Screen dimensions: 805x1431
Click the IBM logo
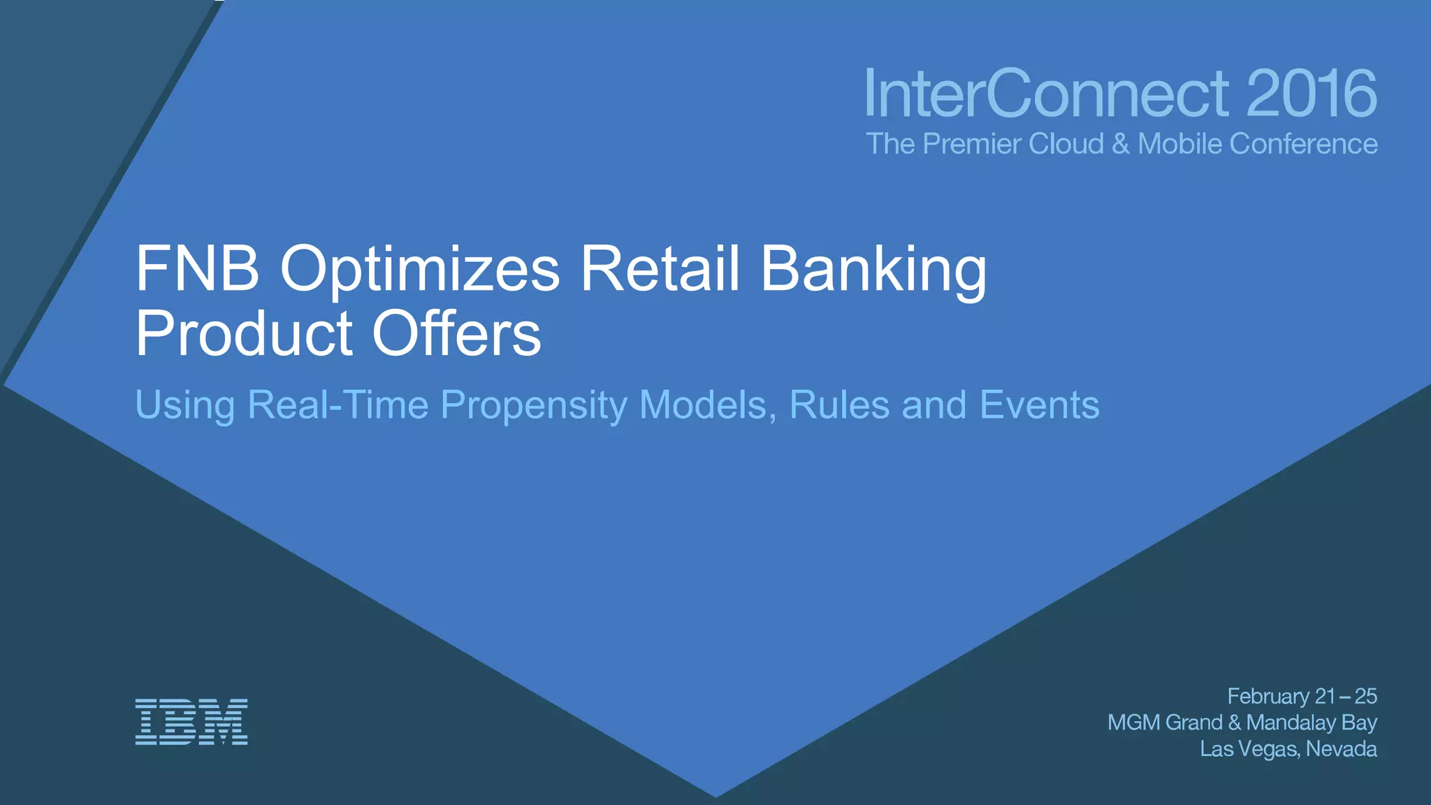pyautogui.click(x=191, y=721)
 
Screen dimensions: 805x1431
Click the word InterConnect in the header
pyautogui.click(x=1046, y=94)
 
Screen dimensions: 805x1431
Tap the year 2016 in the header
pyautogui.click(x=1311, y=94)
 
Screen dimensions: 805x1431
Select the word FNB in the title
pyautogui.click(x=197, y=269)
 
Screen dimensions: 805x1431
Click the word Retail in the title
pyautogui.click(x=660, y=269)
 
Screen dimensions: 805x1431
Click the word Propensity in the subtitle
pyautogui.click(x=534, y=406)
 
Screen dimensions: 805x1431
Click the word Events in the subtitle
pyautogui.click(x=1039, y=405)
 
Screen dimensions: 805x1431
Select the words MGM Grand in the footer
pyautogui.click(x=1165, y=723)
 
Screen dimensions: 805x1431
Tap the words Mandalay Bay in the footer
pyautogui.click(x=1311, y=723)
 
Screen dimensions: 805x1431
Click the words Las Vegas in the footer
pyautogui.click(x=1249, y=749)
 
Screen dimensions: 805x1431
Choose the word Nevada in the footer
pyautogui.click(x=1341, y=749)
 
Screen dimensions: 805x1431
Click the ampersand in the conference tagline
pyautogui.click(x=1120, y=144)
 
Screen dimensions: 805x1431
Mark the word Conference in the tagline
pyautogui.click(x=1303, y=144)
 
